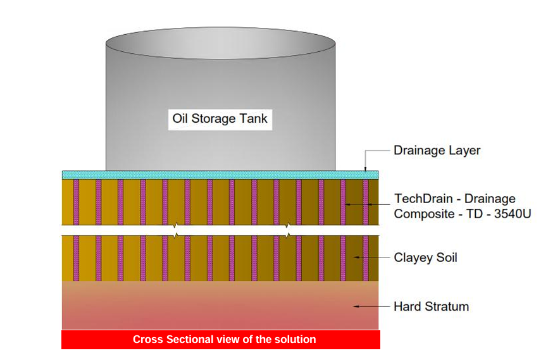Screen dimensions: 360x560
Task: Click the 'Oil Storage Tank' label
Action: click(220, 118)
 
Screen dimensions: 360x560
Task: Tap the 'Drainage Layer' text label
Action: click(437, 151)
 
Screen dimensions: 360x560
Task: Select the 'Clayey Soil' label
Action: click(425, 258)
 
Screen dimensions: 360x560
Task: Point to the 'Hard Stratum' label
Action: click(431, 307)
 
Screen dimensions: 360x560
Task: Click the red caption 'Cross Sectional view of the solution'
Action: click(224, 340)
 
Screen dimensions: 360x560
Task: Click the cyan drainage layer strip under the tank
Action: click(220, 175)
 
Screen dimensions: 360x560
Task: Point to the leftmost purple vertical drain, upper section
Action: click(76, 201)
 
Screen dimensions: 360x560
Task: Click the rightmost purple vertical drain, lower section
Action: click(366, 258)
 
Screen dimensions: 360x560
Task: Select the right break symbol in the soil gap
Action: click(289, 230)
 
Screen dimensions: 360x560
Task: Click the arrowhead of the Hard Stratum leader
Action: click(356, 307)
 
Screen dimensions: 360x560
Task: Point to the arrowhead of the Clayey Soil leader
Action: click(356, 258)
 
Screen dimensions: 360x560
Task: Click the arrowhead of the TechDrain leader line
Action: click(346, 204)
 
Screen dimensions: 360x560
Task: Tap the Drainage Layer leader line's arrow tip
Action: click(366, 170)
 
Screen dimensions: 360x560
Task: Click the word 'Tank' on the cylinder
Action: click(255, 118)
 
